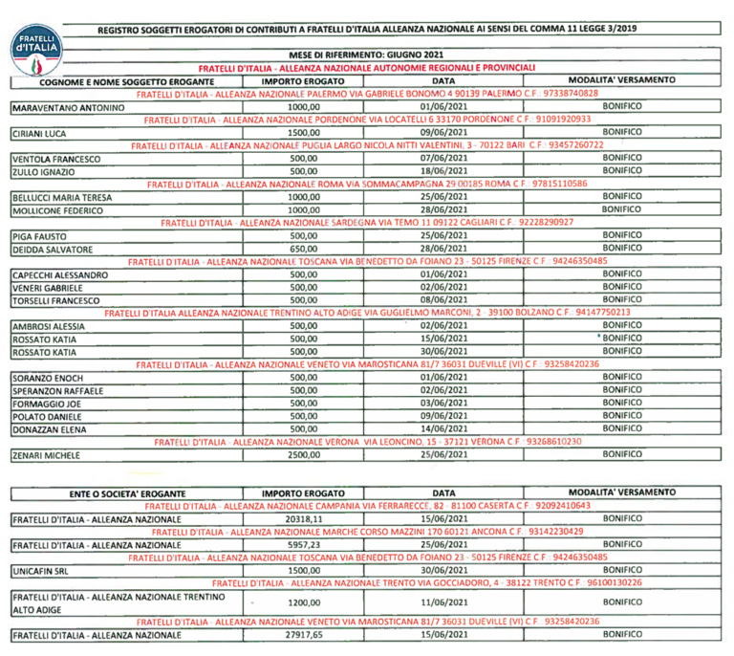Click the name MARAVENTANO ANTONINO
coord(67,108)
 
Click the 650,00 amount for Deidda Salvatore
coord(302,248)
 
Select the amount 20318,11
coord(302,518)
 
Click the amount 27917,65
coord(302,634)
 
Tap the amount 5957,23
coord(302,544)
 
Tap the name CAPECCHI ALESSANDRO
coord(59,274)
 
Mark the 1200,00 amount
coord(302,602)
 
